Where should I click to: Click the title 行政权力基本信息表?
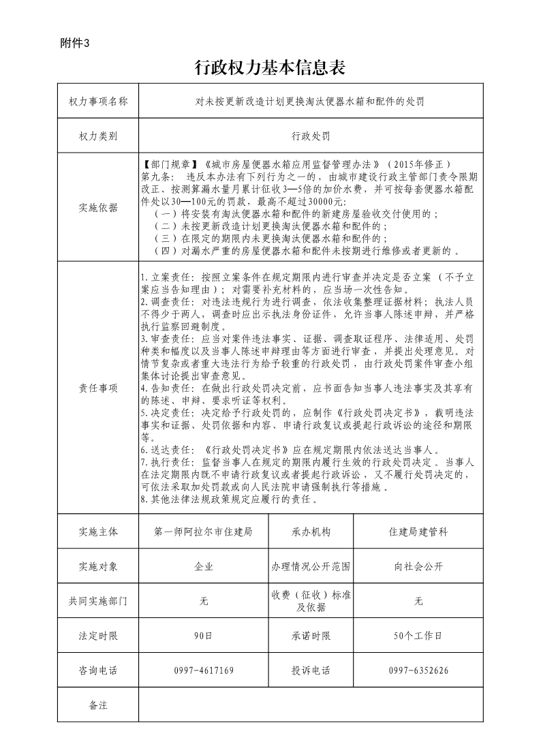(x=270, y=67)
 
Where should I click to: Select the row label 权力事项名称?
(x=98, y=102)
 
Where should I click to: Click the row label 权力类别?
(x=98, y=136)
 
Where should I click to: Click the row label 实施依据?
(x=98, y=208)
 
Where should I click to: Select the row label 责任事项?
(x=98, y=388)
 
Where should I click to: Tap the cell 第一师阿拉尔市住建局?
(x=204, y=531)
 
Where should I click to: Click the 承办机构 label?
(x=311, y=531)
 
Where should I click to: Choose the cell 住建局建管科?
(x=418, y=531)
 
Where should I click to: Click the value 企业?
(x=204, y=566)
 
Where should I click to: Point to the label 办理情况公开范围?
(x=311, y=566)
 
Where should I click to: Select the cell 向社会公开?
(x=418, y=566)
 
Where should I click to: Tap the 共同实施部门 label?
(x=98, y=601)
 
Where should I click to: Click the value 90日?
(x=204, y=636)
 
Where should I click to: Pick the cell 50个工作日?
(x=418, y=636)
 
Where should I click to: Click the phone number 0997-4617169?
(x=204, y=671)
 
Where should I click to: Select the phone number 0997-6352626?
(x=418, y=671)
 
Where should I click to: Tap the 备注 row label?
(x=98, y=705)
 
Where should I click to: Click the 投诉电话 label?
(x=311, y=671)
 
